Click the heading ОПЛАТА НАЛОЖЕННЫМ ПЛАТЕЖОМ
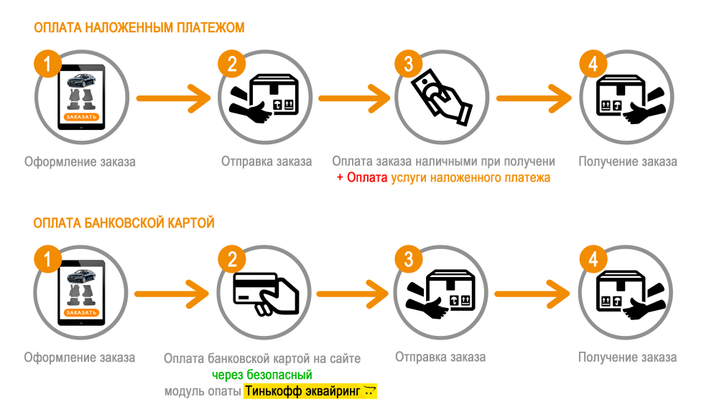click(x=139, y=28)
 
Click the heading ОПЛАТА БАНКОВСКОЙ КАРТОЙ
click(x=124, y=224)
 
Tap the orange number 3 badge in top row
click(x=408, y=64)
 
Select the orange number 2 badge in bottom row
click(x=231, y=260)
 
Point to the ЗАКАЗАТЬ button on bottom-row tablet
click(x=80, y=312)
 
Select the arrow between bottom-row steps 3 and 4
click(x=532, y=294)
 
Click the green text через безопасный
click(x=261, y=375)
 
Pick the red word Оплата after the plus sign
click(x=367, y=178)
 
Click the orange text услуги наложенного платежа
click(x=471, y=178)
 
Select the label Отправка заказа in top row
click(x=267, y=161)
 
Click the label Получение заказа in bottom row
click(x=627, y=357)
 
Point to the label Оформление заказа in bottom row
click(x=80, y=357)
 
